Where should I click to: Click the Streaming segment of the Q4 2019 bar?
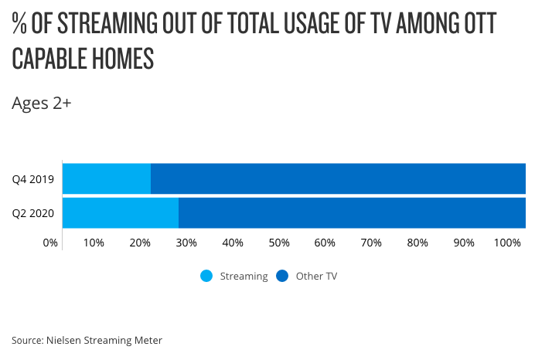tap(107, 178)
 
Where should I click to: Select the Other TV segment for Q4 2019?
tap(338, 178)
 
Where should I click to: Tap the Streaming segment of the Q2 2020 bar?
tap(121, 212)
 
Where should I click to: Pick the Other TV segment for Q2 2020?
tap(352, 212)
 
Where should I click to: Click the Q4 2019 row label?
tap(32, 179)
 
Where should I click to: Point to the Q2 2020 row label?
tap(32, 213)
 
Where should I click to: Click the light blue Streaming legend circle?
tap(206, 276)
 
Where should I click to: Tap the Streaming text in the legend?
tap(244, 276)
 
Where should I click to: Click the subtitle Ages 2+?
tap(42, 103)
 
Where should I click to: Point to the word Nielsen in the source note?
tap(65, 339)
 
